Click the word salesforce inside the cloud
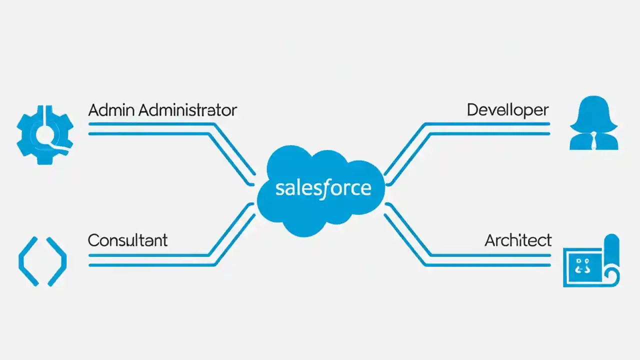pyautogui.click(x=323, y=188)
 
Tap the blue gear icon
pyautogui.click(x=45, y=133)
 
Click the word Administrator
pyautogui.click(x=187, y=110)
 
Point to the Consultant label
pyautogui.click(x=127, y=240)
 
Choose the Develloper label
pyautogui.click(x=507, y=110)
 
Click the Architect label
pyautogui.click(x=518, y=240)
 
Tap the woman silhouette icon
pyautogui.click(x=593, y=124)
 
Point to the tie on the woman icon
pyautogui.click(x=593, y=140)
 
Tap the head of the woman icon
pyautogui.click(x=593, y=112)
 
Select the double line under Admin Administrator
pyautogui.click(x=150, y=128)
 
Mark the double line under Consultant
pyautogui.click(x=150, y=260)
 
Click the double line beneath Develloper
pyautogui.click(x=490, y=128)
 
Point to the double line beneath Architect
pyautogui.click(x=490, y=260)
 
